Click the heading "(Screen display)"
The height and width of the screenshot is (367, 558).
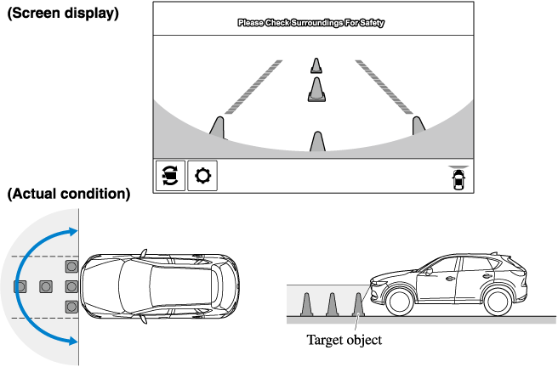click(x=62, y=15)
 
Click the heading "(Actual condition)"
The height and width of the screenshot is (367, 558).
click(x=68, y=194)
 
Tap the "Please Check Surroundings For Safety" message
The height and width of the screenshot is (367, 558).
click(x=310, y=24)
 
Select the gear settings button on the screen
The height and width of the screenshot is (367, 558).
click(x=202, y=176)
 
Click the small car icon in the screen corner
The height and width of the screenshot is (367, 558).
click(x=459, y=179)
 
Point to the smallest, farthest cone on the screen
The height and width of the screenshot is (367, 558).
click(x=316, y=65)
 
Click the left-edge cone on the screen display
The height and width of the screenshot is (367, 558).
click(x=218, y=127)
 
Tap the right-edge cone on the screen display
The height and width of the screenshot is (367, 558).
click(x=418, y=126)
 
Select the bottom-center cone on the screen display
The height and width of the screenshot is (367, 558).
click(x=317, y=142)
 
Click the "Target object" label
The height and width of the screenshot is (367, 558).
click(x=344, y=340)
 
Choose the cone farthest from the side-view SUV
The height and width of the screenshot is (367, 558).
click(x=308, y=303)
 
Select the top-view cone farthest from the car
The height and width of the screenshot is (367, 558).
click(x=20, y=285)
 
